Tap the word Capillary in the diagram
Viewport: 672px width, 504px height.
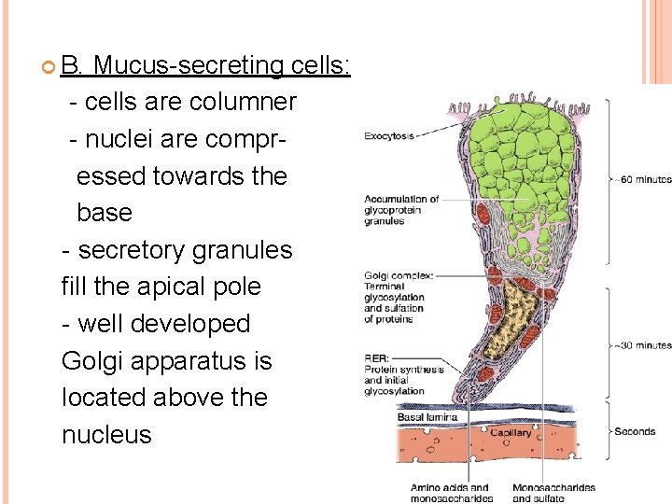pyautogui.click(x=510, y=432)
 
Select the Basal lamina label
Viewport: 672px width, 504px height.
pyautogui.click(x=429, y=417)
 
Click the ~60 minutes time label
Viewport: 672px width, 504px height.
pyautogui.click(x=643, y=179)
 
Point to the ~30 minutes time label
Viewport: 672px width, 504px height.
pyautogui.click(x=642, y=345)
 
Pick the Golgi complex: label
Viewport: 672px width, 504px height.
pyautogui.click(x=399, y=276)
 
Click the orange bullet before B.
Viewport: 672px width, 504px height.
pyautogui.click(x=48, y=66)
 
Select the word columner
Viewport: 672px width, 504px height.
pyautogui.click(x=242, y=101)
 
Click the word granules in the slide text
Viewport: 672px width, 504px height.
pyautogui.click(x=245, y=250)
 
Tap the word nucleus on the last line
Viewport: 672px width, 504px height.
pyautogui.click(x=105, y=434)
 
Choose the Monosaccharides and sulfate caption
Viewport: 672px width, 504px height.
pyautogui.click(x=554, y=493)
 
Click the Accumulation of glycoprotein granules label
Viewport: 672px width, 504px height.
pyautogui.click(x=401, y=210)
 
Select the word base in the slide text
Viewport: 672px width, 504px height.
pyautogui.click(x=104, y=213)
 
